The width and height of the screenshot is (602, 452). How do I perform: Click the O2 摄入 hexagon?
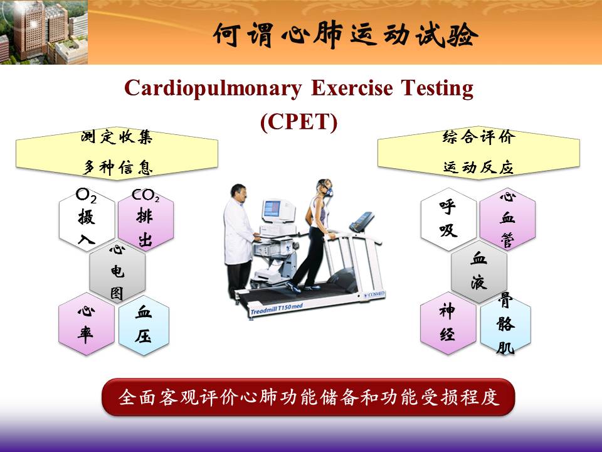pyautogui.click(x=87, y=220)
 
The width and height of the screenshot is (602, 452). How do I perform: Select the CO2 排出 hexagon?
pyautogui.click(x=146, y=220)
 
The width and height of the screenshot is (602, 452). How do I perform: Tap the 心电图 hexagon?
pyautogui.click(x=117, y=272)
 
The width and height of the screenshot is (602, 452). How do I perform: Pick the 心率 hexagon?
pyautogui.click(x=87, y=324)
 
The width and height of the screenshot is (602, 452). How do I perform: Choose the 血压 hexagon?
pyautogui.click(x=144, y=324)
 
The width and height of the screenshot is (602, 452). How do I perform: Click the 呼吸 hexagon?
pyautogui.click(x=448, y=220)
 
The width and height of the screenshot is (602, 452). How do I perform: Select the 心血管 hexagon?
pyautogui.click(x=507, y=220)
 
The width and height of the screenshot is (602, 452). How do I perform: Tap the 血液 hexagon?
pyautogui.click(x=478, y=272)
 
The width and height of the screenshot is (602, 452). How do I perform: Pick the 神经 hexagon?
pyautogui.click(x=448, y=323)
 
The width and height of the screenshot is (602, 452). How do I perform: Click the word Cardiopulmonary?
pyautogui.click(x=213, y=89)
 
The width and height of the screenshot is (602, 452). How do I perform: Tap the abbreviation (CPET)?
pyautogui.click(x=298, y=122)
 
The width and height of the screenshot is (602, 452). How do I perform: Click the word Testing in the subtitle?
pyautogui.click(x=437, y=89)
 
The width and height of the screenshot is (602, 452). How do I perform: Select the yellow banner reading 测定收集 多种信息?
pyautogui.click(x=117, y=153)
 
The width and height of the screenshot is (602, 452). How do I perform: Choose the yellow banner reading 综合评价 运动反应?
pyautogui.click(x=478, y=153)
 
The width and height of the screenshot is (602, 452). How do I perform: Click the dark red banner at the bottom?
pyautogui.click(x=308, y=397)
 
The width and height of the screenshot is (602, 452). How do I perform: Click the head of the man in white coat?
pyautogui.click(x=239, y=193)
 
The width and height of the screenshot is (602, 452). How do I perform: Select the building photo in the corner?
pyautogui.click(x=44, y=32)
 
